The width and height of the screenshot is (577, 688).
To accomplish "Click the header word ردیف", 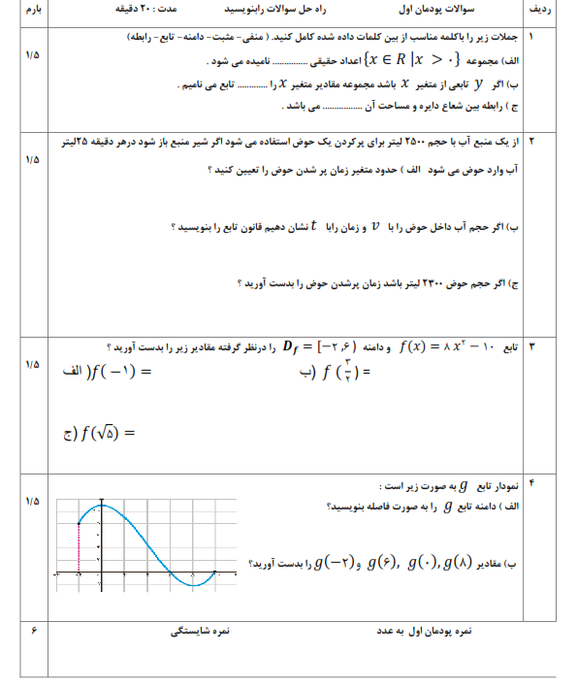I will [x=549, y=11].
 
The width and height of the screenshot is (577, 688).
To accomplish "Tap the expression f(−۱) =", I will [x=108, y=371].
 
